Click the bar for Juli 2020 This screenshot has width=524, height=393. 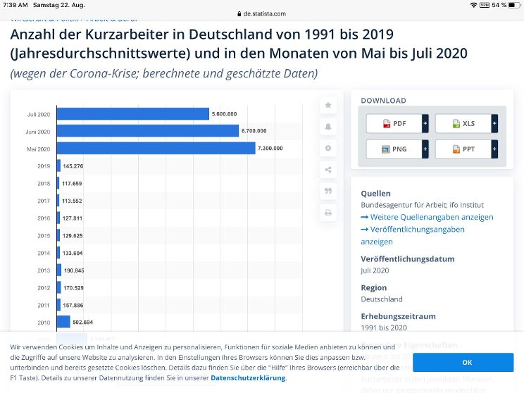click(132, 113)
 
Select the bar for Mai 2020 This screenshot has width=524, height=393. click(156, 148)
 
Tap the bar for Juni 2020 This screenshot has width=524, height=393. click(147, 131)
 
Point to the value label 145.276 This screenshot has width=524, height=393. click(73, 166)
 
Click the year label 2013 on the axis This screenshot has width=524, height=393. click(44, 270)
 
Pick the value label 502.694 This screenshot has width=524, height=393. click(84, 322)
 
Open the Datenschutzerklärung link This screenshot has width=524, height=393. click(248, 378)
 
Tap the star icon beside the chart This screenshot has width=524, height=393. click(328, 105)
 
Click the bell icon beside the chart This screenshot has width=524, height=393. click(328, 126)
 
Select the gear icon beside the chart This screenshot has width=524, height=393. click(328, 148)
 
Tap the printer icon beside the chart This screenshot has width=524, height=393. click(328, 212)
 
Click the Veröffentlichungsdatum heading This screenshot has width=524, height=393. click(407, 258)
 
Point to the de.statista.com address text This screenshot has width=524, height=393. click(265, 13)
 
